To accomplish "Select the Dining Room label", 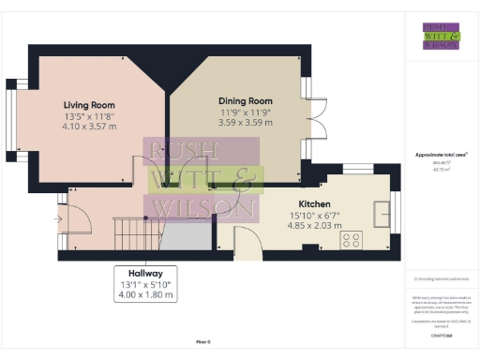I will [x=245, y=100].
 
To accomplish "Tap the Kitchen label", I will [x=313, y=203].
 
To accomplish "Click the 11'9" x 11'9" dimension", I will [x=245, y=112].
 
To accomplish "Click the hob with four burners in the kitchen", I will [x=352, y=240].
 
